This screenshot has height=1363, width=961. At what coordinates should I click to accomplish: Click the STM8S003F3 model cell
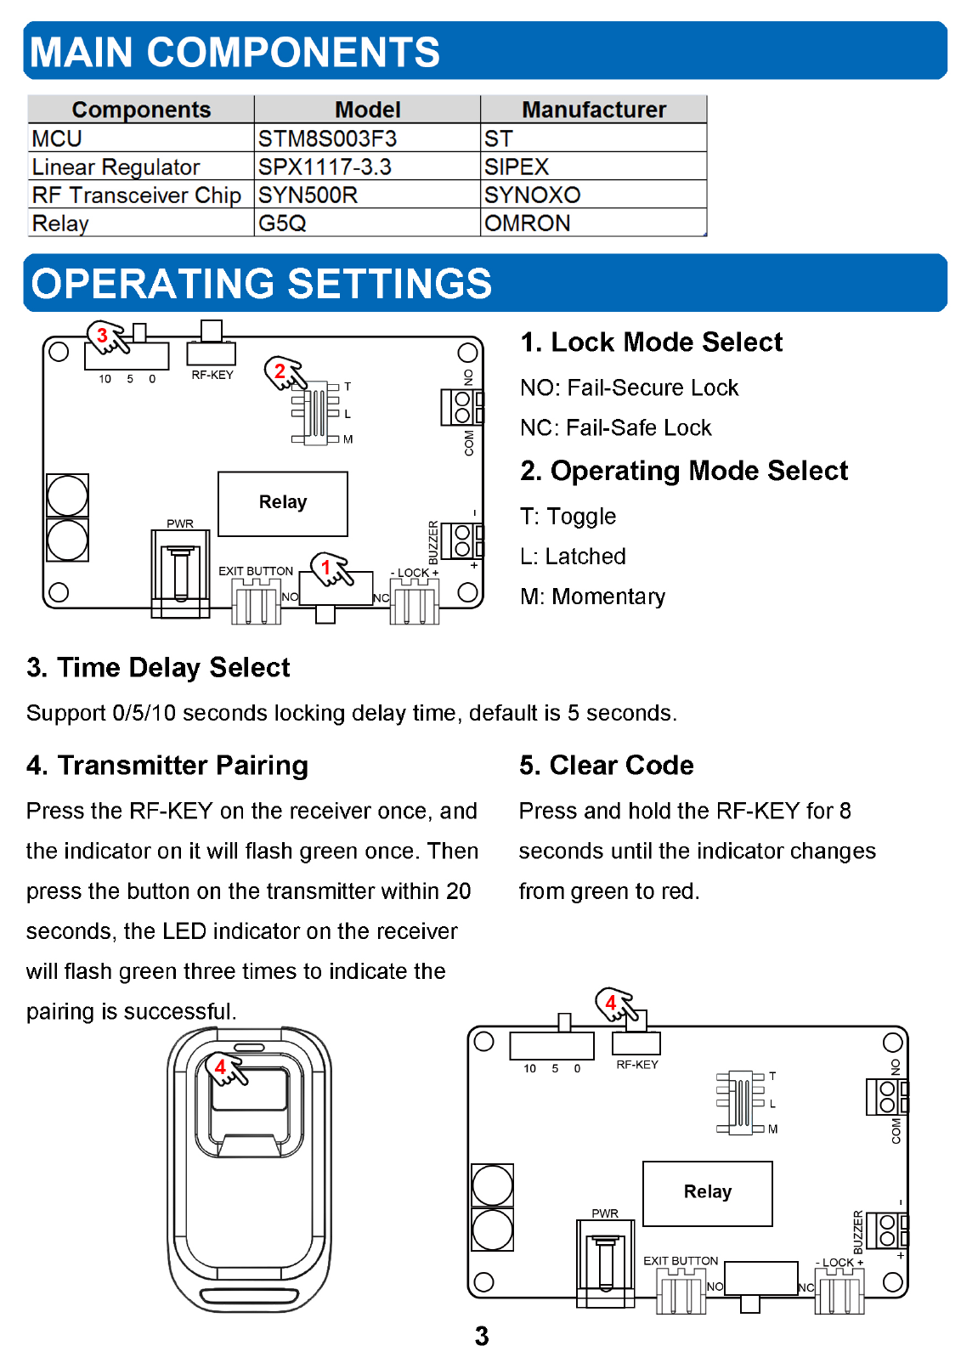(x=327, y=139)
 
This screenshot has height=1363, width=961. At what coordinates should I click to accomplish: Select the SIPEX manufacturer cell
(x=517, y=167)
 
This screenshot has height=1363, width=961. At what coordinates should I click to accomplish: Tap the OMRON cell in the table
(x=527, y=223)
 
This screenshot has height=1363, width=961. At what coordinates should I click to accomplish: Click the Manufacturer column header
(x=593, y=110)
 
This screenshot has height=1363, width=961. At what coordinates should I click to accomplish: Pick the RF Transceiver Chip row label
(x=136, y=195)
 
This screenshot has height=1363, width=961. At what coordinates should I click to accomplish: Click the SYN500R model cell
(x=308, y=195)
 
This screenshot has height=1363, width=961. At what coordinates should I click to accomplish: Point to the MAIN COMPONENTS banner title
(x=235, y=52)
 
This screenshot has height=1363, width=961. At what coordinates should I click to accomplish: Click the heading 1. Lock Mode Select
(x=651, y=342)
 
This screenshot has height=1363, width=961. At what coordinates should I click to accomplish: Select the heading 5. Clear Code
(x=606, y=765)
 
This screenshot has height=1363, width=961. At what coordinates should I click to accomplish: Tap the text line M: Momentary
(x=592, y=597)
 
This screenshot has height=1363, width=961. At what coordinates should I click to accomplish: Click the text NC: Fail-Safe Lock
(x=615, y=427)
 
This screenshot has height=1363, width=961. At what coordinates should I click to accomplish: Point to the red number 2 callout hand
(x=284, y=373)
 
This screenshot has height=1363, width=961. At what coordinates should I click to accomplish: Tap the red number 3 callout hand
(x=107, y=337)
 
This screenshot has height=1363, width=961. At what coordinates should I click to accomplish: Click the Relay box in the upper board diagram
(x=283, y=503)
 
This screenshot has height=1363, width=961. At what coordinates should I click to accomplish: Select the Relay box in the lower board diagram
(x=707, y=1192)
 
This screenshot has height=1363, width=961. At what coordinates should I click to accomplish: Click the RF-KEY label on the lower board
(x=636, y=1065)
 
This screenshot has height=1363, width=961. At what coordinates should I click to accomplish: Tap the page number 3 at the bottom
(x=482, y=1336)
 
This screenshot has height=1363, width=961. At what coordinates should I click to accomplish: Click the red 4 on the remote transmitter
(x=221, y=1066)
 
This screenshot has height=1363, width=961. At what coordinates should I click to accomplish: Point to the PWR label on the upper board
(x=180, y=523)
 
